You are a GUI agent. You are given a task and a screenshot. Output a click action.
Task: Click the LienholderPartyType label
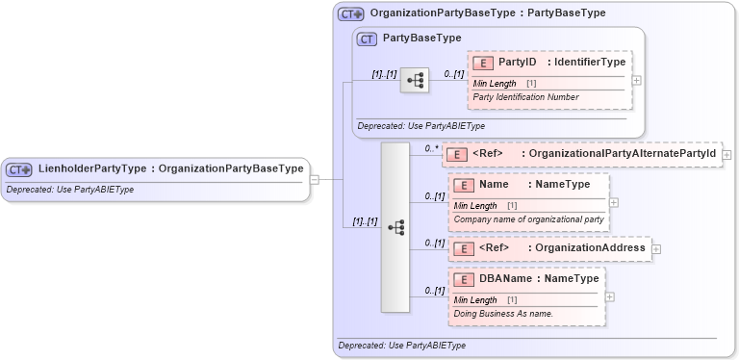point(92,168)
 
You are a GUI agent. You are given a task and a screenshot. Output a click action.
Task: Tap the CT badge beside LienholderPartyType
point(19,169)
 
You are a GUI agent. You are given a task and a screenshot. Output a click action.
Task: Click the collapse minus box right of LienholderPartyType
point(315,178)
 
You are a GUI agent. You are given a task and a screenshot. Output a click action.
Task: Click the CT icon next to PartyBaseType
point(366,39)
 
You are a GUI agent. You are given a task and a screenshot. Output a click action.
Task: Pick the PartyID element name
point(517,62)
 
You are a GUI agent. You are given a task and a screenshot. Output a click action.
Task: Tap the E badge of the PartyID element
point(483,63)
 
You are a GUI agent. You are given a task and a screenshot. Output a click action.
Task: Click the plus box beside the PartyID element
point(636,79)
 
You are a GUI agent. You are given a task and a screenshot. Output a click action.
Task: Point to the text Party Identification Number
point(525,97)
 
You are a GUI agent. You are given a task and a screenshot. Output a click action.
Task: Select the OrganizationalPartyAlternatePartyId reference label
point(622,154)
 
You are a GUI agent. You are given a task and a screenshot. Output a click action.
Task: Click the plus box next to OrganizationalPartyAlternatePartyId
point(726,154)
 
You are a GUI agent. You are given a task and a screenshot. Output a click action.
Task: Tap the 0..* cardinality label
point(432,149)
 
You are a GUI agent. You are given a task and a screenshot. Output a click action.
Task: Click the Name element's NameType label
point(562,184)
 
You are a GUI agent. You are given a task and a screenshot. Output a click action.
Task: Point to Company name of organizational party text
point(528,219)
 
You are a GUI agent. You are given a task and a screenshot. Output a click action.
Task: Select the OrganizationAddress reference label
point(589,248)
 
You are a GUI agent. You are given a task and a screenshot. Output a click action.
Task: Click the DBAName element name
point(503,279)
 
